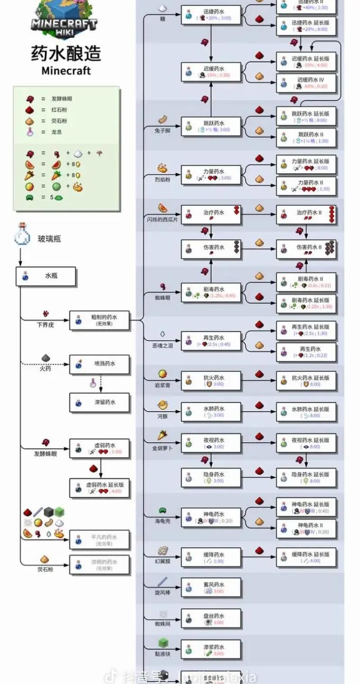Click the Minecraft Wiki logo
tap(65, 19)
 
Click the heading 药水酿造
tap(66, 53)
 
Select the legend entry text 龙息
tap(56, 132)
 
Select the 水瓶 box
tap(46, 276)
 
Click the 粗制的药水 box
tap(99, 320)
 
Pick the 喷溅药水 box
tap(99, 365)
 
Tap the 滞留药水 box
tap(99, 403)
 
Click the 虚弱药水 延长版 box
tap(99, 488)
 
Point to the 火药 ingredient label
tap(45, 368)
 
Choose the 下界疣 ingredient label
tap(46, 325)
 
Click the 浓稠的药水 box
tap(99, 565)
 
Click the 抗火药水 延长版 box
tap(306, 381)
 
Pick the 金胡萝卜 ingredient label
tap(162, 447)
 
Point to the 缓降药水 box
tap(211, 558)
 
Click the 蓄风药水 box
tap(211, 588)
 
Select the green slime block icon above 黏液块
tap(163, 643)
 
